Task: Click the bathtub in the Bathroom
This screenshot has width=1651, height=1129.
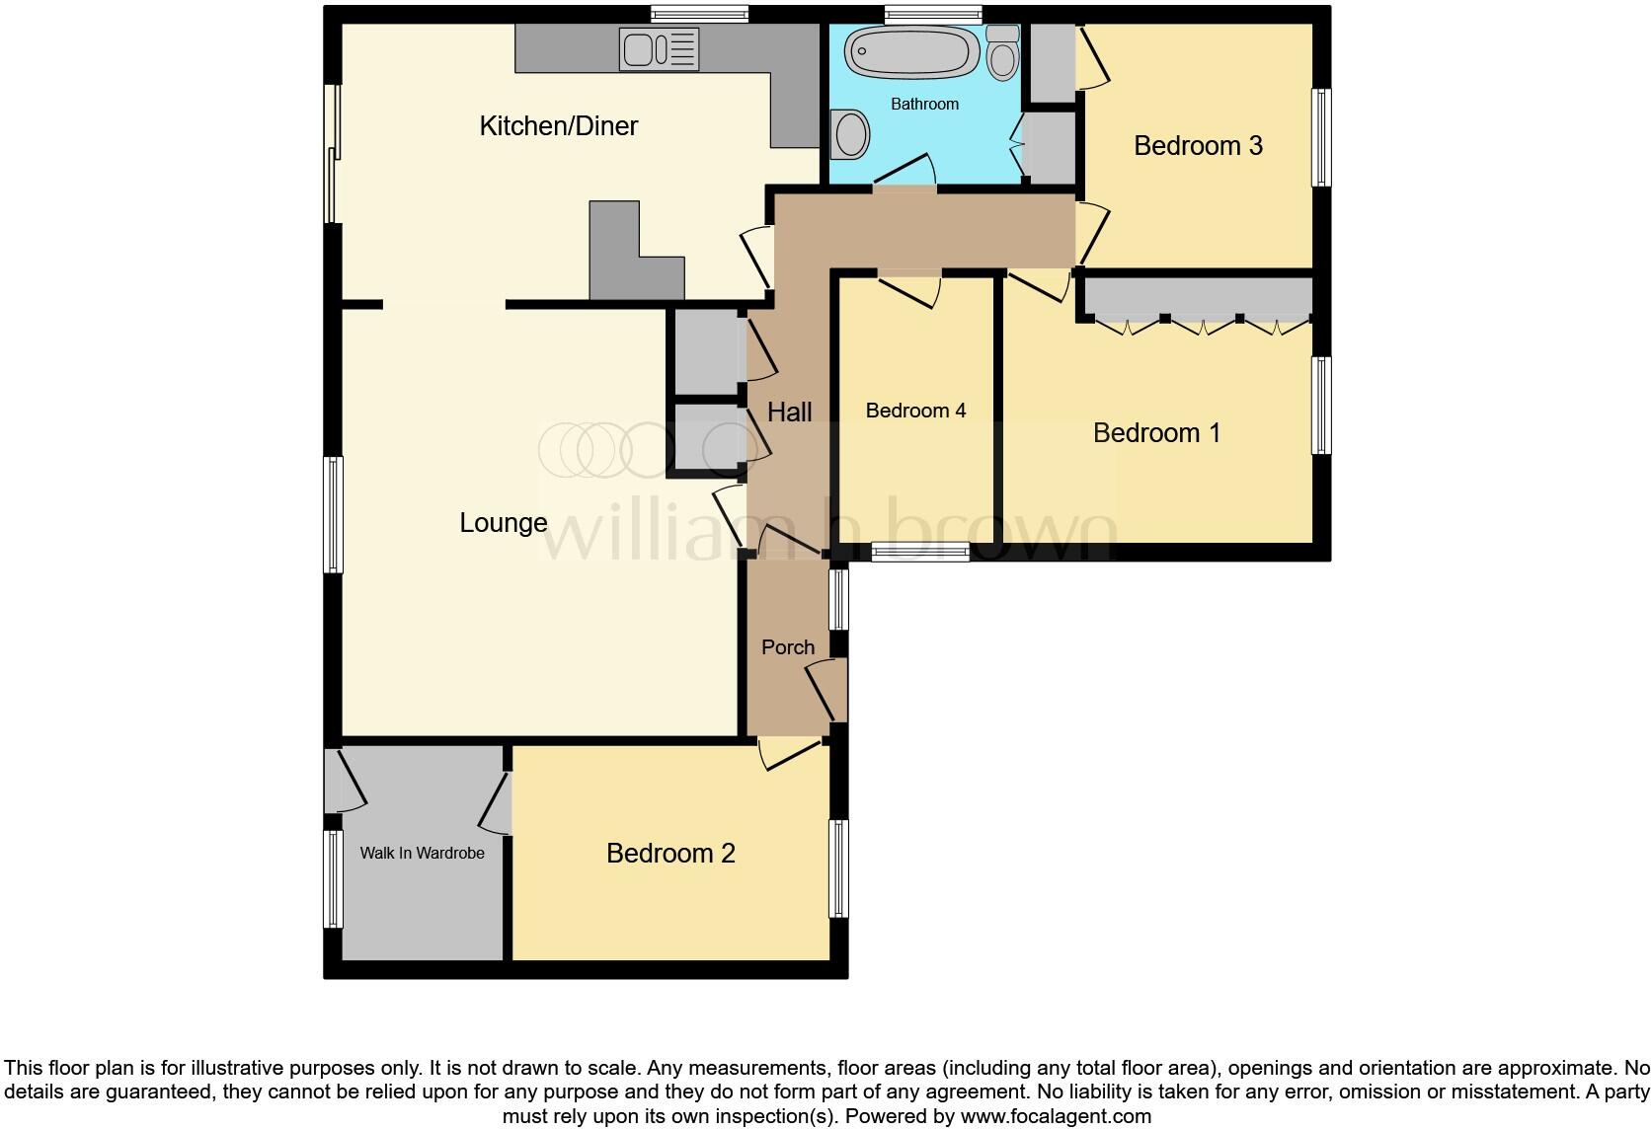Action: [911, 51]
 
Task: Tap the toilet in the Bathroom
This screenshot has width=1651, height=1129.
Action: [1003, 54]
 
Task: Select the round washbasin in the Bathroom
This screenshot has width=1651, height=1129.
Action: [850, 134]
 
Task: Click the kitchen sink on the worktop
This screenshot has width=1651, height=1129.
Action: [659, 48]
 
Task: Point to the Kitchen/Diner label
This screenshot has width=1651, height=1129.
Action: [559, 126]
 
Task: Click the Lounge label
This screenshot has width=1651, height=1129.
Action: [504, 523]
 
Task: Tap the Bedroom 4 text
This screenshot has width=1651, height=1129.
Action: [915, 411]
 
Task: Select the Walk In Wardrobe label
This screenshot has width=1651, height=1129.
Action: [422, 853]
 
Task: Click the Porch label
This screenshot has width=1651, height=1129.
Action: [788, 647]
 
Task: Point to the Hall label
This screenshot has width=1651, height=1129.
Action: [790, 413]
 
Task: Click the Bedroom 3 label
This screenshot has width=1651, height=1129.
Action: [1198, 146]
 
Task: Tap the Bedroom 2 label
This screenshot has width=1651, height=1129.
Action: [670, 854]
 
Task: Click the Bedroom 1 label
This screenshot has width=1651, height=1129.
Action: [1156, 433]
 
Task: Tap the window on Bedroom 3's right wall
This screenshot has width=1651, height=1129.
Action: [1320, 138]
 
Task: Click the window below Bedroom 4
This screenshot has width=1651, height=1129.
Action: [919, 553]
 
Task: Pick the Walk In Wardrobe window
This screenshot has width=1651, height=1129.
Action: [333, 878]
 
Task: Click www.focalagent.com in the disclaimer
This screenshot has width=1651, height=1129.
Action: [1056, 1117]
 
